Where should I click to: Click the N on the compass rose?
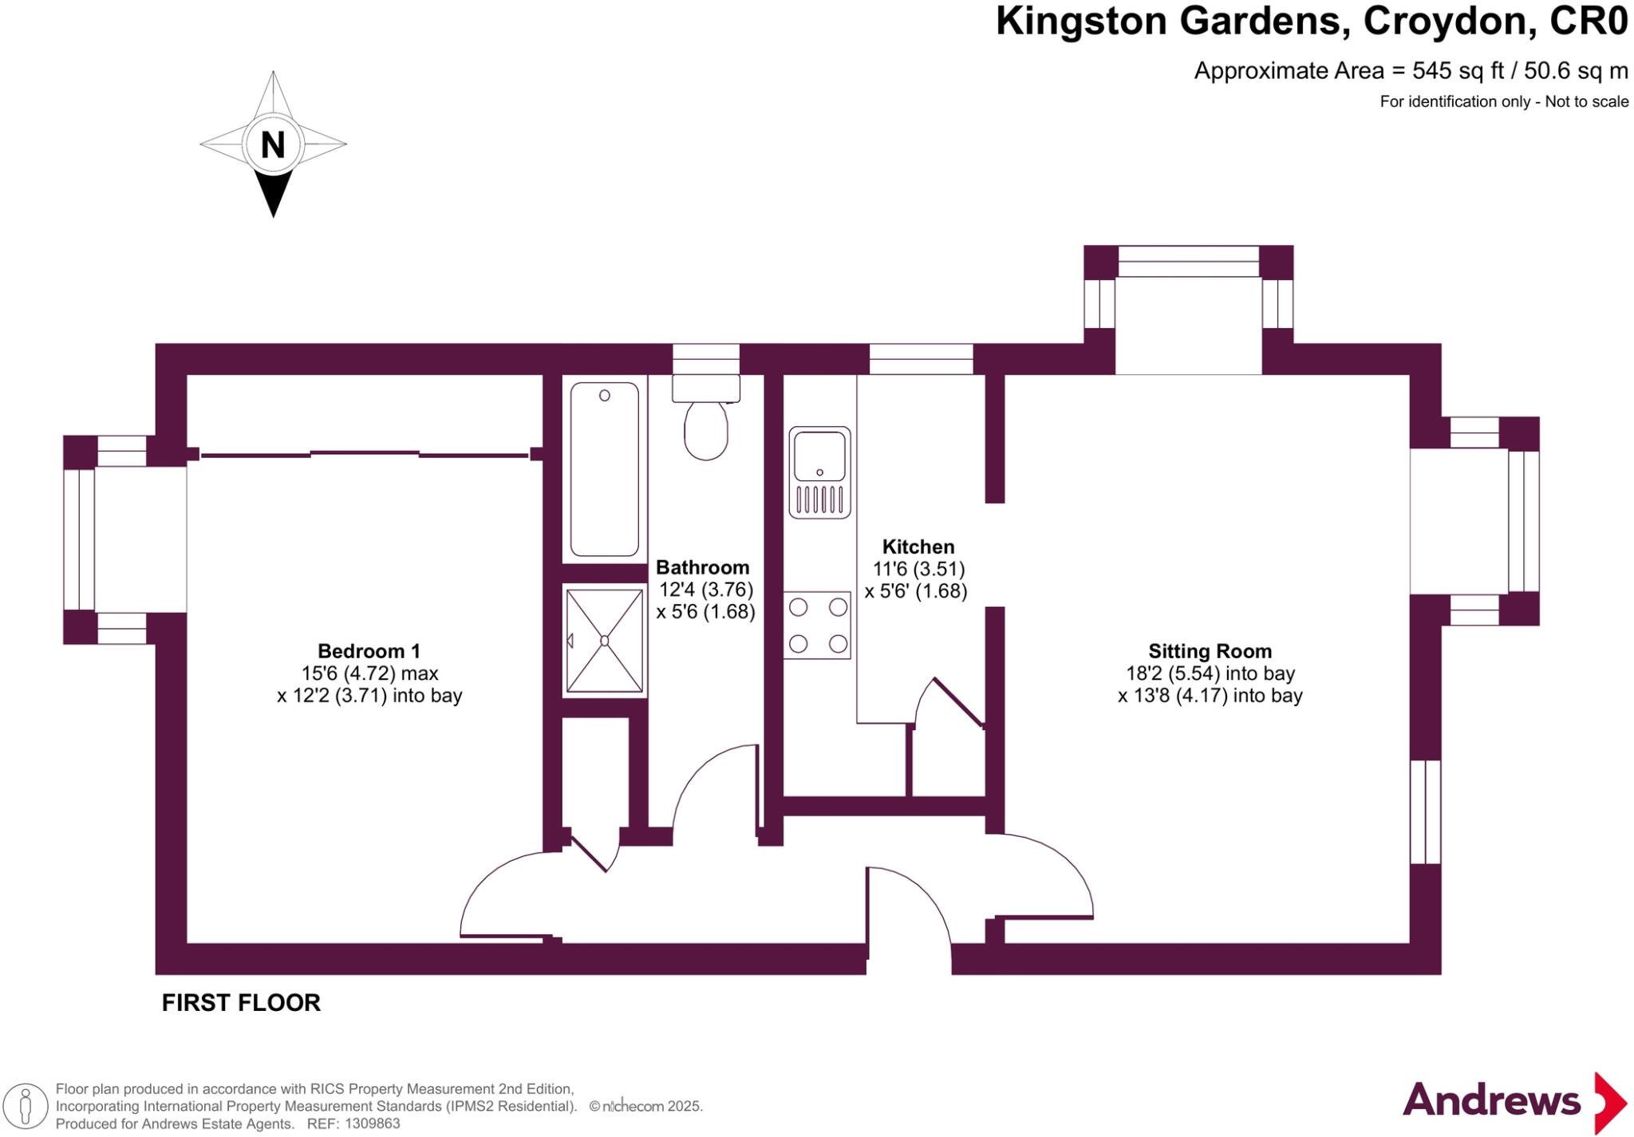coord(273,144)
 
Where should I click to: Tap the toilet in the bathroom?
coord(706,428)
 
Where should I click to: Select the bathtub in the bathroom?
coord(605,469)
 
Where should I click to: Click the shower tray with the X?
coord(605,641)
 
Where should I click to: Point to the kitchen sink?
coord(819,472)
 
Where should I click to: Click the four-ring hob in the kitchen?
coord(818,625)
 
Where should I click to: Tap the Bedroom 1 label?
coord(369,650)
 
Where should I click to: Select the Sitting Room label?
coord(1210,650)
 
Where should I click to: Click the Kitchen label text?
coord(918,547)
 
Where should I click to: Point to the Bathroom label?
coord(702,567)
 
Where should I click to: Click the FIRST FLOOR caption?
coord(241,1003)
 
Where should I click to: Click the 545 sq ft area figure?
coord(1458,71)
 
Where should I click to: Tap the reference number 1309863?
coord(369,1123)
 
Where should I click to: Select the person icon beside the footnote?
coord(26,1107)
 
